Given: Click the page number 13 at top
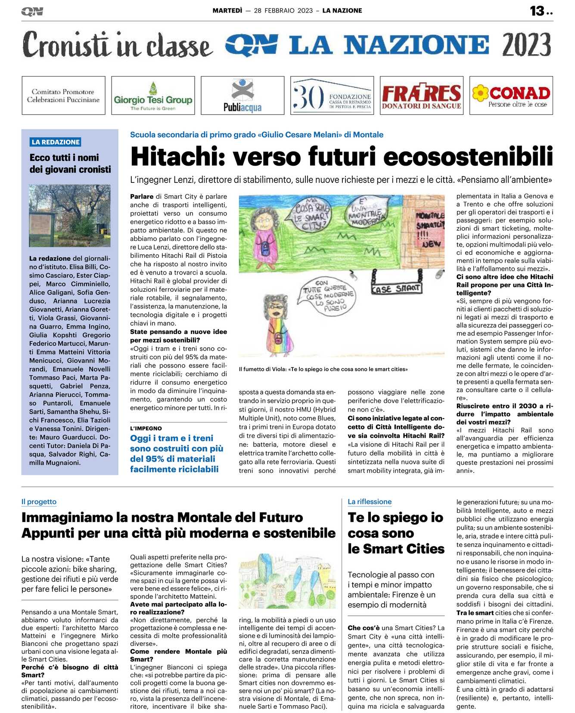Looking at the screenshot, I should (x=537, y=11).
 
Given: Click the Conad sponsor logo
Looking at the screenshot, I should (x=511, y=96).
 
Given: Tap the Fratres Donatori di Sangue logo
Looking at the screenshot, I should (x=421, y=96).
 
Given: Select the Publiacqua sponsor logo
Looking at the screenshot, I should (x=242, y=96).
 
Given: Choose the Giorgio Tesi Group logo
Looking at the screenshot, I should (x=153, y=96).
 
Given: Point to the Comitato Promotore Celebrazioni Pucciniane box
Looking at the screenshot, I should (x=63, y=96).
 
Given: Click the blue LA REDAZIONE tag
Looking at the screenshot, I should (x=56, y=142).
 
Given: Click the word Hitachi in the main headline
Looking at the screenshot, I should (x=178, y=157).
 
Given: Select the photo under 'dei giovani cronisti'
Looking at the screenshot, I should (x=70, y=216).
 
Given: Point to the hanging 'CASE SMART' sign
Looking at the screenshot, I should (x=396, y=288).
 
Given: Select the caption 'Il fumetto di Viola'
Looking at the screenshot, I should (x=323, y=369).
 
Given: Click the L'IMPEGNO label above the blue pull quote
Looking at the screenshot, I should (x=146, y=428).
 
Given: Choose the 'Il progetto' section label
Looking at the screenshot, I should (x=39, y=502).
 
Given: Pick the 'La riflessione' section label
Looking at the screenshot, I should (x=370, y=502).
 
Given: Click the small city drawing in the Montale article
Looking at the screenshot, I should (x=287, y=581).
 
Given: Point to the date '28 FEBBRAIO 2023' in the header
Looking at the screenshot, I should (x=283, y=11).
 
